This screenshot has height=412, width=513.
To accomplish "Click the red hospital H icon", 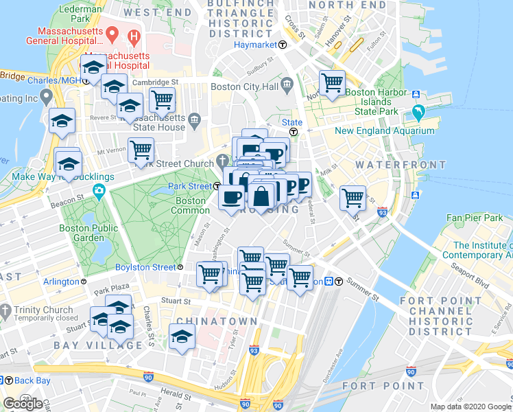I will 134,35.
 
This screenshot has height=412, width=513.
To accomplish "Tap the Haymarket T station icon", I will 282,45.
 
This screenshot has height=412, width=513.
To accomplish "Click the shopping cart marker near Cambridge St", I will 163,100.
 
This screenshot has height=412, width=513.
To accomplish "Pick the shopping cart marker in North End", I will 332,83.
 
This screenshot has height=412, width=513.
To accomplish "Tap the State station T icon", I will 293,132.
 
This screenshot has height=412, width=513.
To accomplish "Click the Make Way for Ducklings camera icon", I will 100,190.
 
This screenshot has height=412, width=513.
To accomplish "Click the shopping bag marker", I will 262,196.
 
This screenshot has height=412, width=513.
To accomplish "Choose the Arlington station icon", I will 84,282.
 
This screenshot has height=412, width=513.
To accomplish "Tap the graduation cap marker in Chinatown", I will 182,336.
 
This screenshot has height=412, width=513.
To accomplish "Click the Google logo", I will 23,404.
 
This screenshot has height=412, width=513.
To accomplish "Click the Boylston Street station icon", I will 180,267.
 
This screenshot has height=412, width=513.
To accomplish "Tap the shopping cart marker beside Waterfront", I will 353,198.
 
